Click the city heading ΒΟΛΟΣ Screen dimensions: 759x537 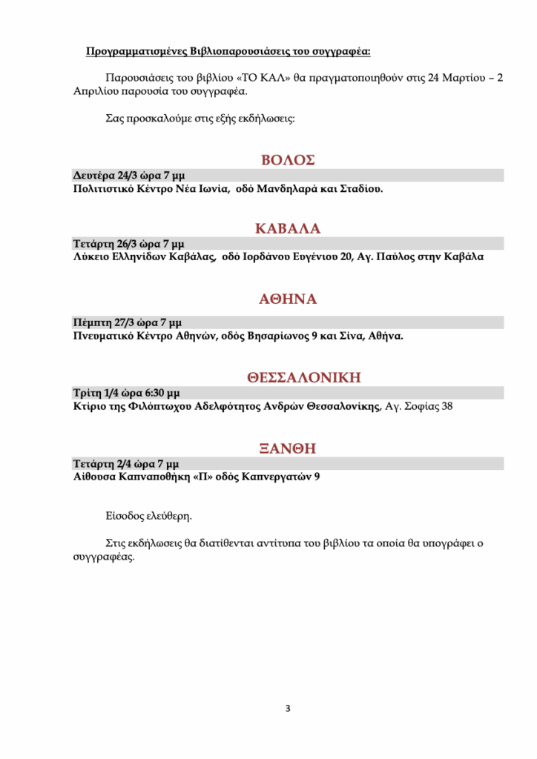coord(288,160)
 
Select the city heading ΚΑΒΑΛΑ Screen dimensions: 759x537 coord(288,228)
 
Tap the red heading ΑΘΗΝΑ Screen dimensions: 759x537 coord(288,299)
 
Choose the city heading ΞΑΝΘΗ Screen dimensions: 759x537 coord(289,448)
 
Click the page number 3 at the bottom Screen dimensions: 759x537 coord(288,709)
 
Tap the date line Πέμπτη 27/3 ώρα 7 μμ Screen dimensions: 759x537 coord(127,322)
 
